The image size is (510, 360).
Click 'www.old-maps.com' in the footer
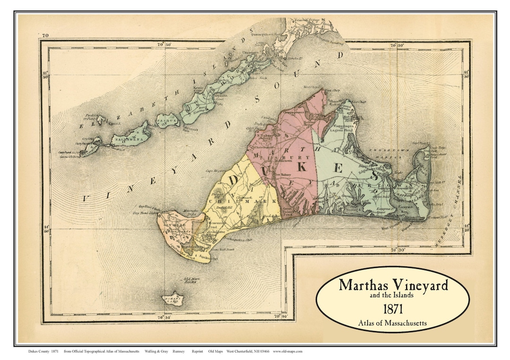pyautogui.click(x=288, y=351)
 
